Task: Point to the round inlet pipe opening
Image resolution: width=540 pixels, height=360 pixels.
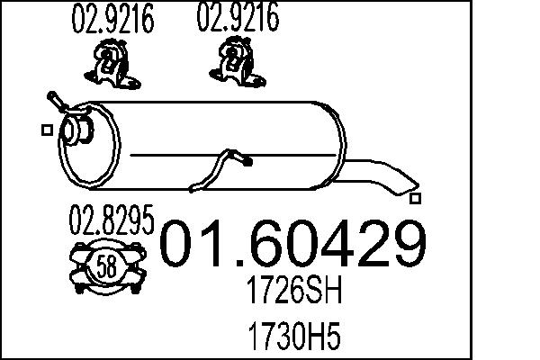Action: coord(73,131)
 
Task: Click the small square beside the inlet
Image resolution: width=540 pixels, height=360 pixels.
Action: coord(45,131)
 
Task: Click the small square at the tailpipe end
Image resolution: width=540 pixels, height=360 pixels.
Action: coord(414,196)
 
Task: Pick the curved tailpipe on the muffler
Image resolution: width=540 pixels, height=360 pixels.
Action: coord(378,174)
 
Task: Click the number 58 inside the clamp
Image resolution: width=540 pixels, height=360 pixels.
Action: coord(106,265)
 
